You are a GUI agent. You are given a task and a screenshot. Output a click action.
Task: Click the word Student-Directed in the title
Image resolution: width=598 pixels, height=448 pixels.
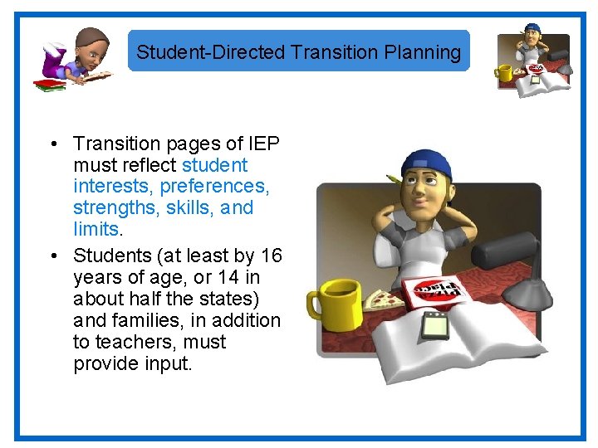click(211, 52)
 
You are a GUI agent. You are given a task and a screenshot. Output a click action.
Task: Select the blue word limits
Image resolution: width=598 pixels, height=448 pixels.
click(96, 227)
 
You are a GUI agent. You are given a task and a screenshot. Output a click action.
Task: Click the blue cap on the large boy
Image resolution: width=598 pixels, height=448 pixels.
click(427, 163)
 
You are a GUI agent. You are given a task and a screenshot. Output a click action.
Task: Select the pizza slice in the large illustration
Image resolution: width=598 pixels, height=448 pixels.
click(383, 299)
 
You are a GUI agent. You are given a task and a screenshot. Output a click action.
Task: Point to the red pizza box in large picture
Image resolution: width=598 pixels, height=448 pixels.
click(436, 289)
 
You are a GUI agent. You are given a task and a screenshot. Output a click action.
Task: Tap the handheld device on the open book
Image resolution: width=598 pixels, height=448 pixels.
click(435, 325)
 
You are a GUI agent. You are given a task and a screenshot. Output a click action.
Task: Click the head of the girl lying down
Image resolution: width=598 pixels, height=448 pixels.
click(93, 48)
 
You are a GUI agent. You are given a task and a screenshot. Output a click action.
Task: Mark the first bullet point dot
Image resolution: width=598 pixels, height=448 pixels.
click(51, 144)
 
